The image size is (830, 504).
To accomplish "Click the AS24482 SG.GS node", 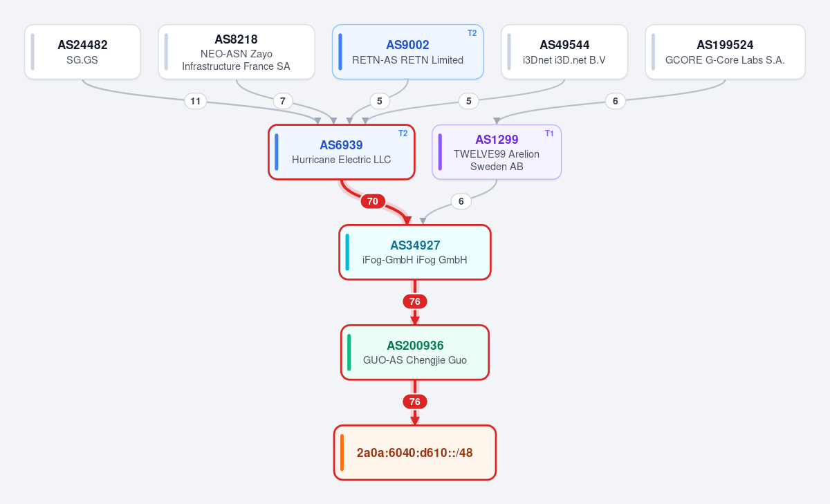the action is [82, 52].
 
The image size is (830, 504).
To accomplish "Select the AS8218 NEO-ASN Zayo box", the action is [237, 52].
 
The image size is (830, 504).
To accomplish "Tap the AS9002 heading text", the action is [407, 45].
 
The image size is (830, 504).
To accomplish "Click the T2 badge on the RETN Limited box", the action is [472, 33].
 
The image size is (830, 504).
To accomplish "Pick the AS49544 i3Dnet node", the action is [564, 52].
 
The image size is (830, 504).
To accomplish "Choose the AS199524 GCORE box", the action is [725, 52].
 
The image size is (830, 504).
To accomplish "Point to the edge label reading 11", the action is [195, 101].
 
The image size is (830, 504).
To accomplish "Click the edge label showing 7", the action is [283, 101].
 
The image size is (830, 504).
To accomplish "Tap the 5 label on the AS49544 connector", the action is [469, 101].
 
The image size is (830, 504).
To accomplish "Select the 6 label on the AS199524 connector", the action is [616, 101].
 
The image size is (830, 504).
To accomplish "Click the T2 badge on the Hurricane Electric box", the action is [403, 133].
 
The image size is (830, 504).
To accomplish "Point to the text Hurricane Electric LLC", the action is [341, 160].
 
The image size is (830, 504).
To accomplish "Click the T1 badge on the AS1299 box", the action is [549, 133].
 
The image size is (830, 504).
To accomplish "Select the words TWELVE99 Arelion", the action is [497, 154].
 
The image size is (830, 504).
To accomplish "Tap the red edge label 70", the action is [373, 201].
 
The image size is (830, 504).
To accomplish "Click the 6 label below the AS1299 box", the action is [461, 201].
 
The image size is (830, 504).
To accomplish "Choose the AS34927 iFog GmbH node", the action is [415, 252].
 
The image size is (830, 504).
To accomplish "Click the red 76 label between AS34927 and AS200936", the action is [415, 301].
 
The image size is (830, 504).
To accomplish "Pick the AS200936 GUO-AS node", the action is [415, 353].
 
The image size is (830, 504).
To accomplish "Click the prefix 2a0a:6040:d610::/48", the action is [415, 453].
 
